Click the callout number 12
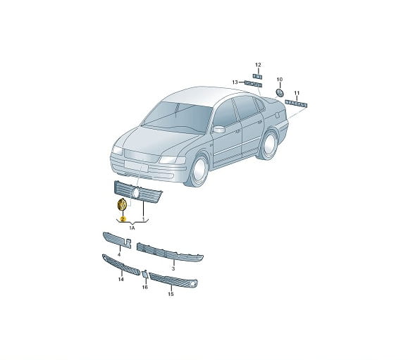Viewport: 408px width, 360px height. click(258, 65)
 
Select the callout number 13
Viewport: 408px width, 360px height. click(235, 82)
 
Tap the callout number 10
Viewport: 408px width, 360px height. click(280, 80)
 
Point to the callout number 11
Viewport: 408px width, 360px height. click(297, 93)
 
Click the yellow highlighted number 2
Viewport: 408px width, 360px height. click(123, 219)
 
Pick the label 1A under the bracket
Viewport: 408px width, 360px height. click(132, 228)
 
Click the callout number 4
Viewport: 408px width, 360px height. click(119, 254)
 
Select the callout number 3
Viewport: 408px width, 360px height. click(173, 268)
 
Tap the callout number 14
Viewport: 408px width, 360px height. click(120, 279)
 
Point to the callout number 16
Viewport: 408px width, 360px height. click(145, 287)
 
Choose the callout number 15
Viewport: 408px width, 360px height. click(171, 294)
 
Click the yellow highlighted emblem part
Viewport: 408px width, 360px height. click(122, 204)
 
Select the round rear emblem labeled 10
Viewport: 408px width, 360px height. click(280, 93)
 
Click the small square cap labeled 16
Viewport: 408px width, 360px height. click(145, 274)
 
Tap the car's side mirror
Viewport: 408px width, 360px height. click(219, 129)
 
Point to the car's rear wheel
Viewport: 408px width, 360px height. click(268, 144)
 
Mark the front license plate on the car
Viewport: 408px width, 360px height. click(136, 166)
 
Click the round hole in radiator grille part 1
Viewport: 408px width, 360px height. click(136, 193)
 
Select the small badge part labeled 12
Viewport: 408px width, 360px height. click(258, 77)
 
